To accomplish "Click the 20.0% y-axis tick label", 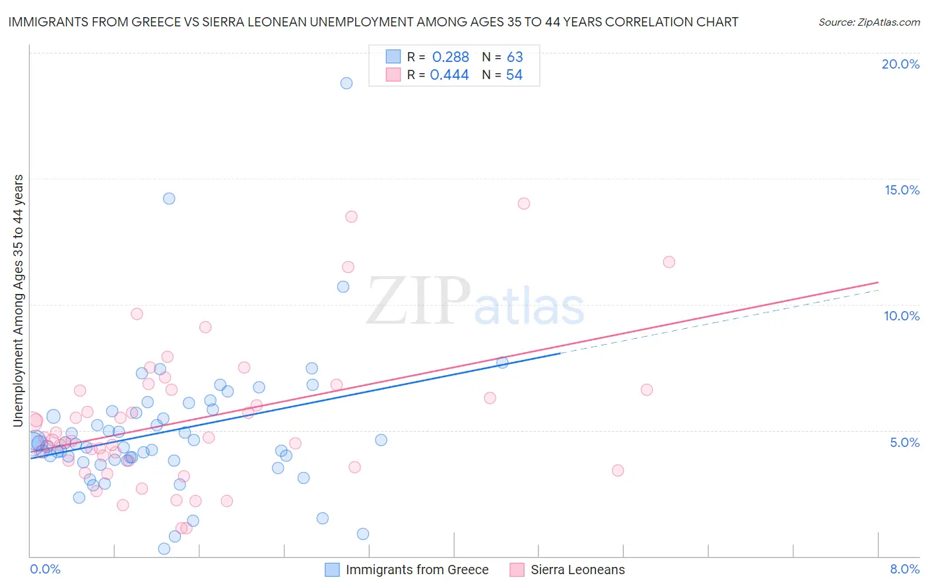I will coord(900,64).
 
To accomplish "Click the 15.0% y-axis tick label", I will coord(902,190).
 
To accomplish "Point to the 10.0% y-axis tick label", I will coord(902,316).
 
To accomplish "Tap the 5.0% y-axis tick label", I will coord(904,442).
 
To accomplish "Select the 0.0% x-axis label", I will coord(45,569).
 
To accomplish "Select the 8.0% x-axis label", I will coord(904,569).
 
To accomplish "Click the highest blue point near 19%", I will coord(347,83).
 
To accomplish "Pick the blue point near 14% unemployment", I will coord(169,198).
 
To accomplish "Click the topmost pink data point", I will coord(524,204).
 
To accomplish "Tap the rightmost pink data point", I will coord(669,262).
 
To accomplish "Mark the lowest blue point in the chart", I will coord(164,548).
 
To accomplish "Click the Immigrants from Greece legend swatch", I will coord(332,570).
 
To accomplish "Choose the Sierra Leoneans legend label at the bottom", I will coord(578,570).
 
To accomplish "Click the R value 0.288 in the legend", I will coord(450,57).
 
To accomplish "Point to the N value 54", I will coord(514,75).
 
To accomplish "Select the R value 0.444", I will coord(449,75).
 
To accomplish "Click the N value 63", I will coord(515,57).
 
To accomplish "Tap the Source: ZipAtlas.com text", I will coord(869,22).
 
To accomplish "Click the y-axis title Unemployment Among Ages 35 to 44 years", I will coord(18,300).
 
